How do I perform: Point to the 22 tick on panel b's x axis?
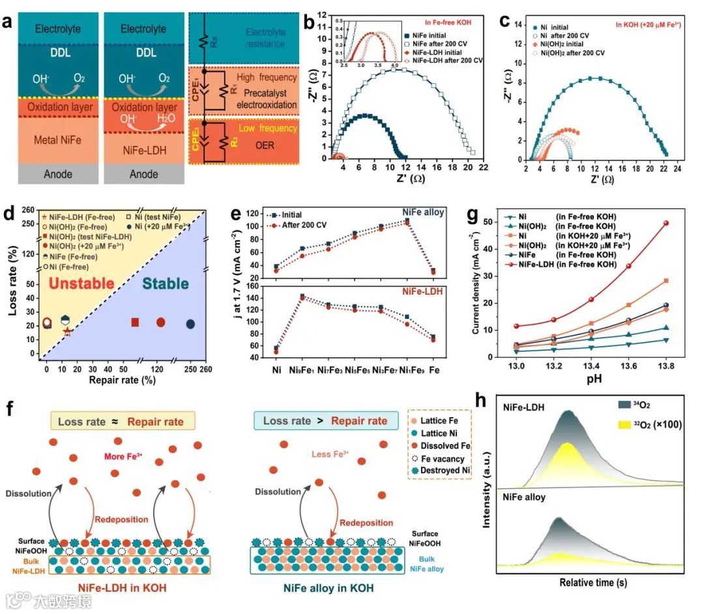pyautogui.click(x=482, y=168)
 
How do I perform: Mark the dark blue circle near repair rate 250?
pyautogui.click(x=190, y=324)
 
